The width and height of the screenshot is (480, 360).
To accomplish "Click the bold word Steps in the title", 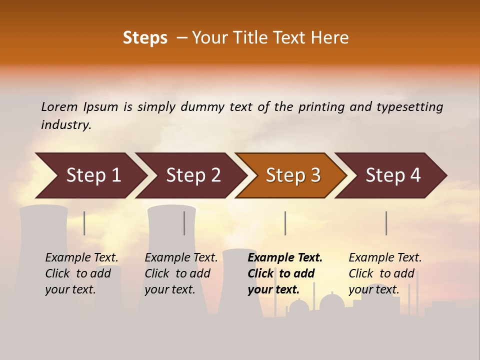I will click(145, 38).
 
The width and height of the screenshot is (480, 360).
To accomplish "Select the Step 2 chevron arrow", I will click(193, 175).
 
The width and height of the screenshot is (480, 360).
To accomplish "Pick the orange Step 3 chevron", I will click(293, 175).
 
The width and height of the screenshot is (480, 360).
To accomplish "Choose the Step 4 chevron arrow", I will click(393, 175).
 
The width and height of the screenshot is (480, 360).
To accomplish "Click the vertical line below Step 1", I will click(84, 223).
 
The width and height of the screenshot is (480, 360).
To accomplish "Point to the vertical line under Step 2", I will click(184, 223).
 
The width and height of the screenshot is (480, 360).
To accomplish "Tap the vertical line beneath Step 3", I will click(285, 223).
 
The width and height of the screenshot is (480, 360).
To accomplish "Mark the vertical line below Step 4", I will click(386, 223).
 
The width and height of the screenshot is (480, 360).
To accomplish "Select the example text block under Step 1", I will click(81, 273).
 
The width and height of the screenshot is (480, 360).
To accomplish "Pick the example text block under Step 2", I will click(181, 273).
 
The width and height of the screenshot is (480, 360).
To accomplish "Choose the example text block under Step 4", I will click(385, 273).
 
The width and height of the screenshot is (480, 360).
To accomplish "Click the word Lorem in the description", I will click(59, 106).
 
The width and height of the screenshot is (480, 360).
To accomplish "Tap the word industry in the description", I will click(66, 125).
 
